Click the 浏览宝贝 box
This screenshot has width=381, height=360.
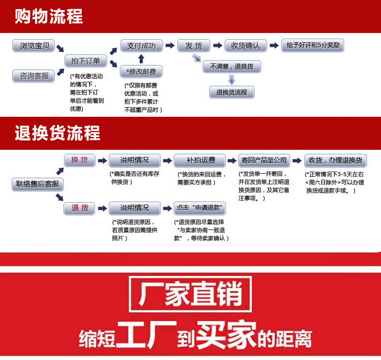(x=34, y=46)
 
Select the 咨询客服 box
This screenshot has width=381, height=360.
(x=34, y=76)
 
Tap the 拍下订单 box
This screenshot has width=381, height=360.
(x=86, y=61)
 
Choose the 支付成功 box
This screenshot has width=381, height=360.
(x=142, y=46)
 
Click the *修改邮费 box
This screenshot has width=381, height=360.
(x=141, y=72)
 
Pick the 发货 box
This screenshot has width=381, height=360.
(x=194, y=46)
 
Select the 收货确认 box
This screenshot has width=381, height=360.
(x=246, y=46)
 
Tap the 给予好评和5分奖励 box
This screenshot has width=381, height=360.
(x=313, y=45)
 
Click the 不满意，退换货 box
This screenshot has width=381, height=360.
(x=232, y=67)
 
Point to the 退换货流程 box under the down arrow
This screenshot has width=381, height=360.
(x=232, y=92)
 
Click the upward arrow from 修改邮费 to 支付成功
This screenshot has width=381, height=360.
(x=141, y=59)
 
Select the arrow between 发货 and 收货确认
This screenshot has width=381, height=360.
(x=217, y=45)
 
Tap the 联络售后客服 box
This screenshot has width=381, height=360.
(x=38, y=184)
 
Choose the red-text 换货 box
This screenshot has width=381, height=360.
(x=80, y=160)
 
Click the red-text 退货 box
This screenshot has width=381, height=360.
(x=79, y=208)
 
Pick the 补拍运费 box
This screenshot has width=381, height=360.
(x=200, y=160)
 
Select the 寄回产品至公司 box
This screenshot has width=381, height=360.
(x=264, y=160)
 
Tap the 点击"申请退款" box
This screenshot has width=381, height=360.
(x=200, y=208)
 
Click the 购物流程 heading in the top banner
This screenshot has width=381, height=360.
(x=49, y=16)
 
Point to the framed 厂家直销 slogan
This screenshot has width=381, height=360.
(x=190, y=294)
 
